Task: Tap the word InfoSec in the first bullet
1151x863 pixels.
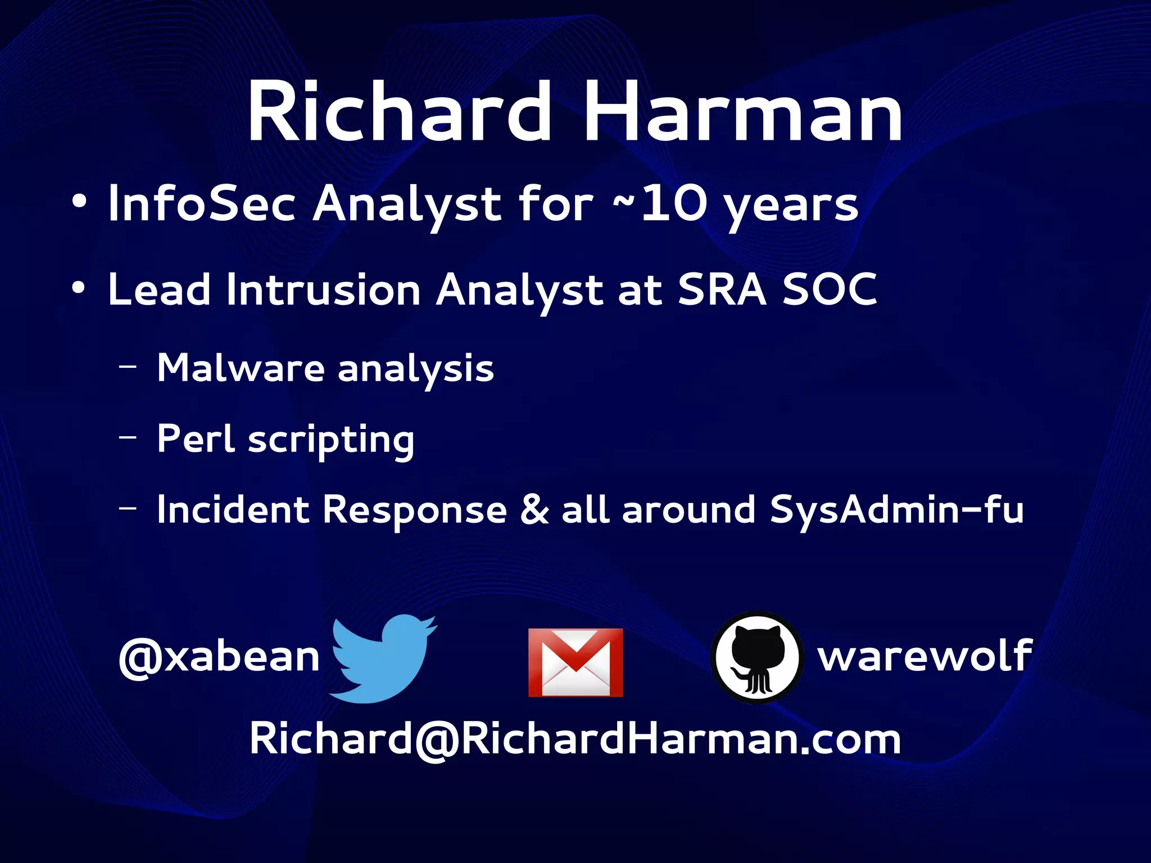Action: tap(202, 203)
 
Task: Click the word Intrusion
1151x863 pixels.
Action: tap(323, 290)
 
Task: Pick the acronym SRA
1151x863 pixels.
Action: tap(722, 290)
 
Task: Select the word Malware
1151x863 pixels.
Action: tap(241, 368)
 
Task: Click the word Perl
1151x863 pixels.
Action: tap(195, 439)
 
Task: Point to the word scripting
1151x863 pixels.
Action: tap(331, 441)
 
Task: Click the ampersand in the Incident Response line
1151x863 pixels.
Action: tap(534, 510)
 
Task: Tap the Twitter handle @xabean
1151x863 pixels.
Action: tap(219, 657)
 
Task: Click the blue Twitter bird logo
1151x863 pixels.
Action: tap(382, 659)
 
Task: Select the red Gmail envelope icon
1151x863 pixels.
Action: tap(575, 663)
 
